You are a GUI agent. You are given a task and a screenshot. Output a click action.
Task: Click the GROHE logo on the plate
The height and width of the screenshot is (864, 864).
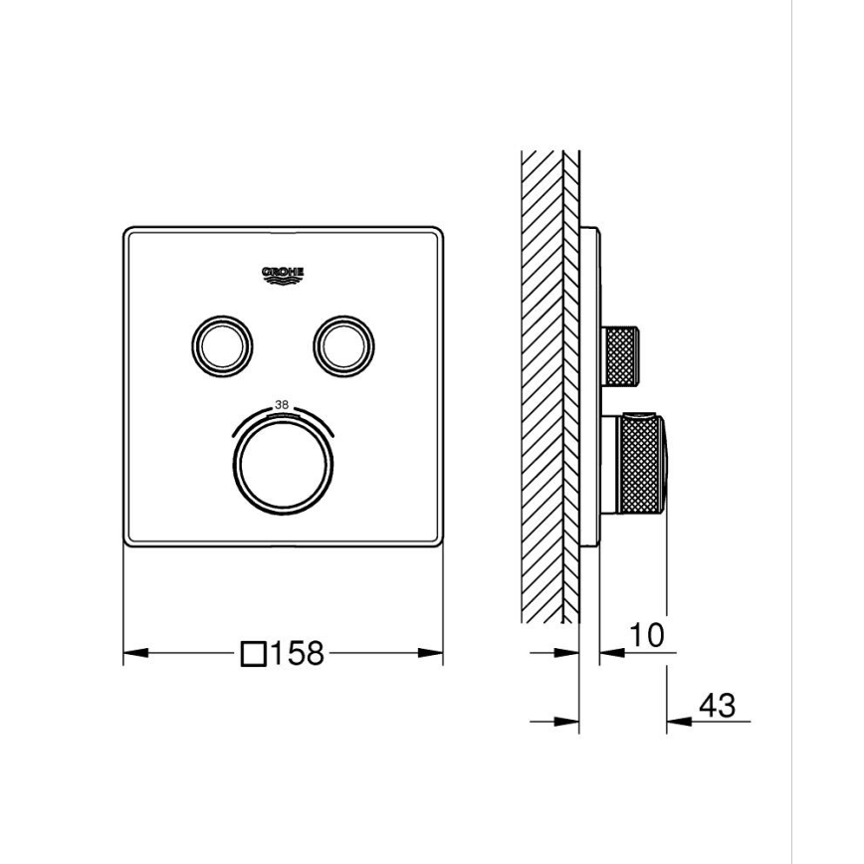tap(283, 275)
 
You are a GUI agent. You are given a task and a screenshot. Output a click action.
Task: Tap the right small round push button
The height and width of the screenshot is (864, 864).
tap(344, 343)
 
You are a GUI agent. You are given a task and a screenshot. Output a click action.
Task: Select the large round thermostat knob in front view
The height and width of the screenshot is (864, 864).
tap(282, 464)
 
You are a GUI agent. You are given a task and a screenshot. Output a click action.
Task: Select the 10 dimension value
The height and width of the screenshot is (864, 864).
tap(646, 634)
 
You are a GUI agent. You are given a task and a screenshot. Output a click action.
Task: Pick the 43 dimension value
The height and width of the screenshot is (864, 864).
tap(717, 706)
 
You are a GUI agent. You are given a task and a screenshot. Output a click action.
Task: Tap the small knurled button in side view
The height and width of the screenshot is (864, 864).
tap(624, 353)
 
